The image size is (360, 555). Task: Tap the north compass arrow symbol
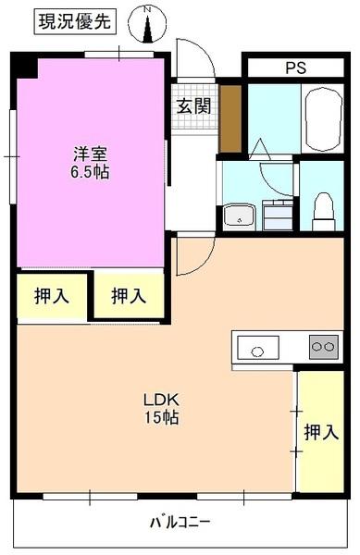[147, 26]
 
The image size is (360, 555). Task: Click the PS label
[295, 68]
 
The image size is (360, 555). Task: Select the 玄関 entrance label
[193, 105]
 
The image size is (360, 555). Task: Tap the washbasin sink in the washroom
[240, 216]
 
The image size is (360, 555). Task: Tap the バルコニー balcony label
[180, 522]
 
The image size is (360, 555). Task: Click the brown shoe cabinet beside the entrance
[230, 117]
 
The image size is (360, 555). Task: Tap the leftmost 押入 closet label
[51, 297]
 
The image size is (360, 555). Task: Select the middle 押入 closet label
[129, 297]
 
